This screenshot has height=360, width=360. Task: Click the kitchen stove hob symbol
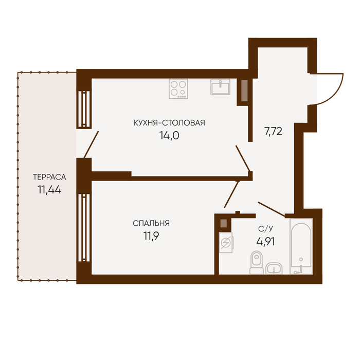point(178,89)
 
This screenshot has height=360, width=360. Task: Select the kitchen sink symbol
point(221,87)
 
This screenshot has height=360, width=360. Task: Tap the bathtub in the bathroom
point(301,246)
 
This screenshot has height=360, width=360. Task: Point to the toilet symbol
point(257,262)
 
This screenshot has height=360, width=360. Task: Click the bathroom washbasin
point(274,268)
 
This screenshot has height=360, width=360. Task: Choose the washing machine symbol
point(226,242)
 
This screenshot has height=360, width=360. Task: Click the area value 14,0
point(169,136)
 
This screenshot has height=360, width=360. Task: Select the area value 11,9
point(151,236)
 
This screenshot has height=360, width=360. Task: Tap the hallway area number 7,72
point(273,132)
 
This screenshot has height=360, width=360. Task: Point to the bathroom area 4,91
point(265,242)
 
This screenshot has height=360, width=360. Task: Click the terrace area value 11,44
point(49,190)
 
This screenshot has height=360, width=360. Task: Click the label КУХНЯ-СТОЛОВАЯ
point(169,123)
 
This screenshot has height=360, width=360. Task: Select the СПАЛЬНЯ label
point(151,223)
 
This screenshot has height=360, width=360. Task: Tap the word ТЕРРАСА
point(49,177)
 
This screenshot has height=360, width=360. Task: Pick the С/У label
point(266,229)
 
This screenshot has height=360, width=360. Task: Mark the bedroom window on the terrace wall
point(84,228)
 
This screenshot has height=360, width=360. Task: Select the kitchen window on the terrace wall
point(84,109)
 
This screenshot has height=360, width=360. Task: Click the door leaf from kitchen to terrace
point(91,145)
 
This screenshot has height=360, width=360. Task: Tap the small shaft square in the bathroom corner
point(224,223)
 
